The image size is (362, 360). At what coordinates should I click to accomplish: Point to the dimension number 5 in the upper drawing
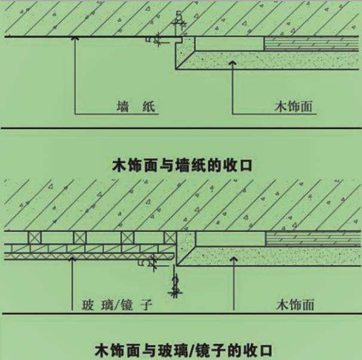[x=178, y=16]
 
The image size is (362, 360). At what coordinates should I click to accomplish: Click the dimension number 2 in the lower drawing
[x=174, y=282]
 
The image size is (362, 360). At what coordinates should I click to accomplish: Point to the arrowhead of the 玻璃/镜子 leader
[x=72, y=258]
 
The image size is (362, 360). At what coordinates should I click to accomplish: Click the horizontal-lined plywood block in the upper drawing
[x=311, y=43]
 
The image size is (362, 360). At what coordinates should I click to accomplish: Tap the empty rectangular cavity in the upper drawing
[x=229, y=43]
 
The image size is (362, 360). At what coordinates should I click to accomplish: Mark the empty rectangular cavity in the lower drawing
[x=230, y=238]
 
